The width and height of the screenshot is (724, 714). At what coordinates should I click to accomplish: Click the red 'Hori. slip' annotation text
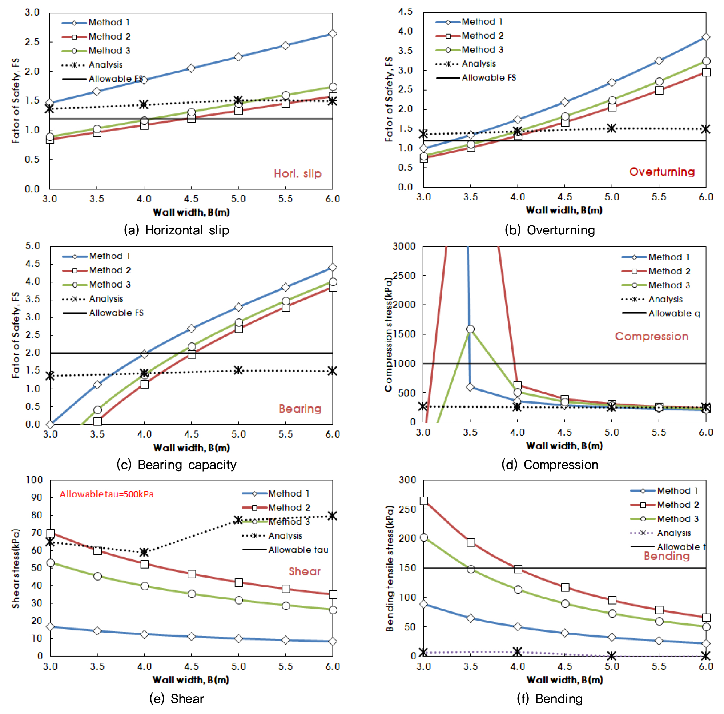[x=298, y=173]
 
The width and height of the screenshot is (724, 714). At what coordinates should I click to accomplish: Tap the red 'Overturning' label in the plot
[x=661, y=172]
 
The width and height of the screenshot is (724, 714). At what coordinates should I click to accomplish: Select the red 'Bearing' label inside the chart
[x=300, y=409]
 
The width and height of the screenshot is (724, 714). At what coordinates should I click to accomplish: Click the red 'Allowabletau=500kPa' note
[x=106, y=494]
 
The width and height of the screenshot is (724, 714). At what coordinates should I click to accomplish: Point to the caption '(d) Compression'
[x=550, y=464]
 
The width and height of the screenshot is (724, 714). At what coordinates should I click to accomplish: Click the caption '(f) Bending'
[x=550, y=699]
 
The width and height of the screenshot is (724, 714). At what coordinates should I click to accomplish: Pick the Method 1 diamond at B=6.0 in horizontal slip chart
[x=333, y=34]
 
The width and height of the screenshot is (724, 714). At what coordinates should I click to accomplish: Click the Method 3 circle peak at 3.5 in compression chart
[x=470, y=329]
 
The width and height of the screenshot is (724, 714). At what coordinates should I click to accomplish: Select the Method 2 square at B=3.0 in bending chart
[x=424, y=501]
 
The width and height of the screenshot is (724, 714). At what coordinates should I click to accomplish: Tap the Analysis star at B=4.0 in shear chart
[x=144, y=552]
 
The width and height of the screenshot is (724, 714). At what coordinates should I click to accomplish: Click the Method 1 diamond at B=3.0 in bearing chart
[x=50, y=424]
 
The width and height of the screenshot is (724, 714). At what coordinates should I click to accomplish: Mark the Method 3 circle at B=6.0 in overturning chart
[x=706, y=61]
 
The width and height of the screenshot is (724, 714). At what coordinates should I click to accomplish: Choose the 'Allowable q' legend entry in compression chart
[x=674, y=313]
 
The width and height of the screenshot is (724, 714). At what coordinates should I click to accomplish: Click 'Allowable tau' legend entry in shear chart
[x=298, y=550]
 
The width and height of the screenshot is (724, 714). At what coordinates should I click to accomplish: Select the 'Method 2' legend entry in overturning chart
[x=482, y=36]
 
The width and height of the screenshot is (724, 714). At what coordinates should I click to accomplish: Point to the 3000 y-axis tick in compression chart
[x=404, y=246]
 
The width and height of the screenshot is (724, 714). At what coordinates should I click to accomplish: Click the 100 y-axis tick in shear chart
[x=35, y=480]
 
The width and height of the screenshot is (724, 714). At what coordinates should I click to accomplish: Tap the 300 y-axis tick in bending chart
[x=408, y=480]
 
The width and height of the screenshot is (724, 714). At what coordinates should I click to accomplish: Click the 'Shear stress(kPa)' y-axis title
[x=15, y=568]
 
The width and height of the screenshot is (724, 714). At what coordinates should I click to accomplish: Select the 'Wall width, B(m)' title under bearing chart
[x=191, y=448]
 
